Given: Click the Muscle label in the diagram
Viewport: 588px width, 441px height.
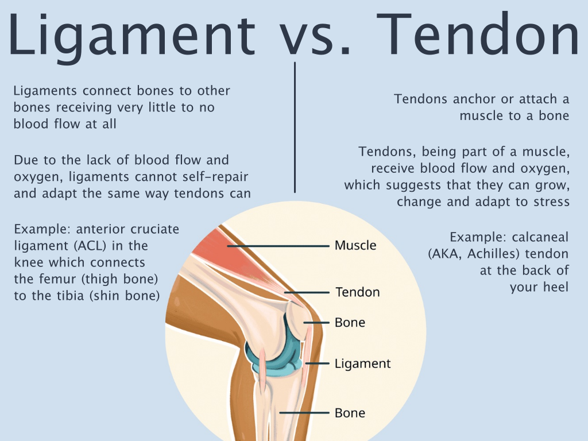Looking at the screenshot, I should (355, 246).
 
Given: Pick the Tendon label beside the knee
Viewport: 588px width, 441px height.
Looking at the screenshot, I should (358, 292).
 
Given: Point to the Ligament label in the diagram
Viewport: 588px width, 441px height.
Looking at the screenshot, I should (362, 363).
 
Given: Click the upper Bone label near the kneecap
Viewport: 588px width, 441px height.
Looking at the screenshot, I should (350, 322).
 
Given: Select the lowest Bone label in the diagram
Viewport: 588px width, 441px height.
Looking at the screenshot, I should (350, 413).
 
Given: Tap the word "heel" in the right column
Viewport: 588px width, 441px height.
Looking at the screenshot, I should (556, 287).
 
